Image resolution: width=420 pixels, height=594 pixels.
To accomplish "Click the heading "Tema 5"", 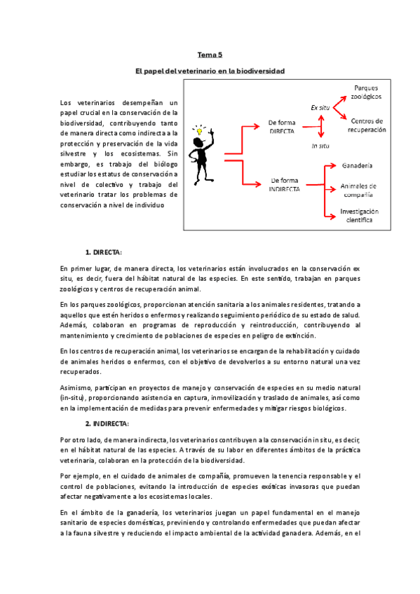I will [210, 54].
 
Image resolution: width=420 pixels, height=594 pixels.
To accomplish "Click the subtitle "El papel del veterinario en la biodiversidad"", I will [210, 71].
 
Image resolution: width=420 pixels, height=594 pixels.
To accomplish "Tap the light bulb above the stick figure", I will [198, 131].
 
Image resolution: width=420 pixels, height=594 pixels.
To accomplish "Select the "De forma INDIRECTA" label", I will [285, 185].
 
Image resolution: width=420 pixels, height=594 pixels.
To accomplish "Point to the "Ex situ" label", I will [320, 108].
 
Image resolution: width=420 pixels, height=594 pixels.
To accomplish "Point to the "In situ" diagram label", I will [320, 146].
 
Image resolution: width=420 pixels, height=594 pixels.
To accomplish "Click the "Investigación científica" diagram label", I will [360, 215].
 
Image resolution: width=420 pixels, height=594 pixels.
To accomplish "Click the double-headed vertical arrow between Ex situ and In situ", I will [321, 127].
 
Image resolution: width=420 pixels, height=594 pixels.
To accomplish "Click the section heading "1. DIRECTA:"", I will [104, 251].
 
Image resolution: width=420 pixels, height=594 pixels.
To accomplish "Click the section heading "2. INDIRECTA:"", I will [107, 424].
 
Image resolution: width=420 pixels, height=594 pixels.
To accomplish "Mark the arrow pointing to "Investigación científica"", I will [330, 214].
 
